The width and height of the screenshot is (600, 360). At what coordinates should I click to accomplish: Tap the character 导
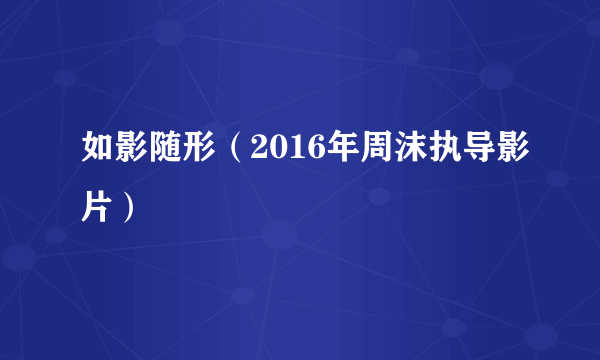click(x=456, y=153)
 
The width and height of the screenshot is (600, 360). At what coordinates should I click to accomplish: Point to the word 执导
click(x=439, y=153)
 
